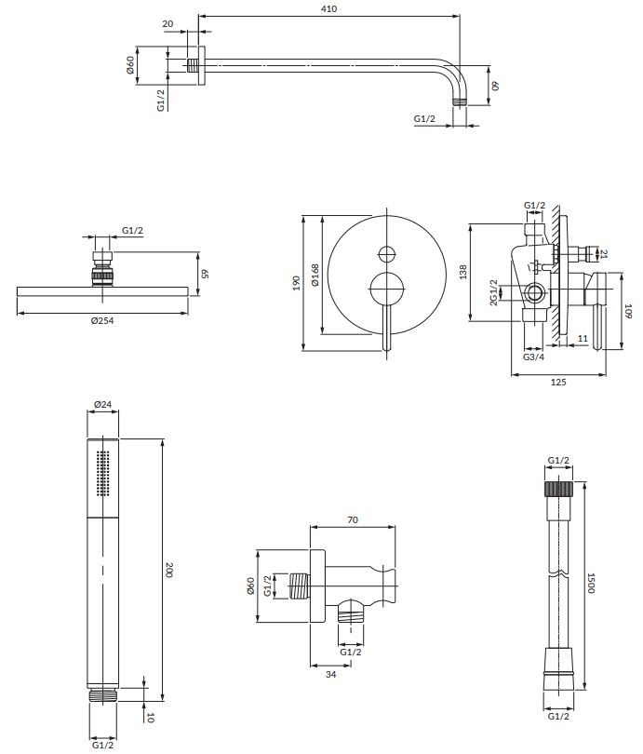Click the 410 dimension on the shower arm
pos(329,8)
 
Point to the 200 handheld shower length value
pos(169,570)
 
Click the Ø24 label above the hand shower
pos(103,405)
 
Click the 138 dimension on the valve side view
pos(462,272)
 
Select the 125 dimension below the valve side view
pos(558,382)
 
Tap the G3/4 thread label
pos(533,357)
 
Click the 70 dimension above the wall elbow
pos(353,520)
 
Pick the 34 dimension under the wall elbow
pos(331,675)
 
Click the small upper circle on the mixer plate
pos(386,252)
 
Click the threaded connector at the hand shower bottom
pos(102,694)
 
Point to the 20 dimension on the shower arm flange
pos(167,25)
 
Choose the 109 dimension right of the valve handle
pos(629,312)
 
